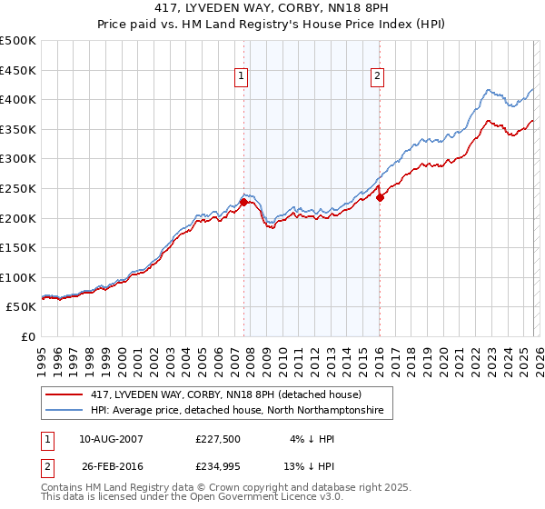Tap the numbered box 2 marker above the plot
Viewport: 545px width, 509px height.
pyautogui.click(x=376, y=77)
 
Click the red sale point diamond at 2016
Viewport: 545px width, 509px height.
pyautogui.click(x=380, y=197)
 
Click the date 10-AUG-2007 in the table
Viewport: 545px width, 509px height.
pyautogui.click(x=110, y=438)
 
